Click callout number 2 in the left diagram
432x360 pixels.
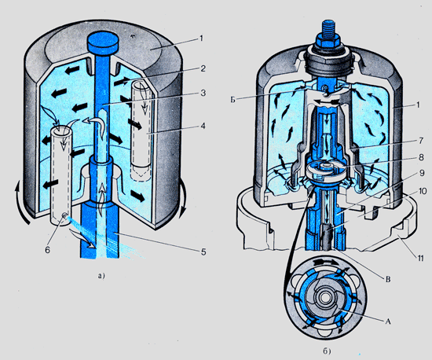tap(203, 68)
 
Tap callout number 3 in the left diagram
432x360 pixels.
tap(203, 93)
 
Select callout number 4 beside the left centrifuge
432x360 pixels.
tap(203, 126)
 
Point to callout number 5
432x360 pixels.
tap(203, 252)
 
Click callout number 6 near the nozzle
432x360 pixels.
tap(47, 250)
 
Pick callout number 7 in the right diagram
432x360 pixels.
tap(421, 141)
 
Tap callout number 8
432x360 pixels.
tap(421, 157)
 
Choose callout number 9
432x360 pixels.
tap(422, 173)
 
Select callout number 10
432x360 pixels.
tap(423, 191)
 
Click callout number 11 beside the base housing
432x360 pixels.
tap(420, 258)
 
